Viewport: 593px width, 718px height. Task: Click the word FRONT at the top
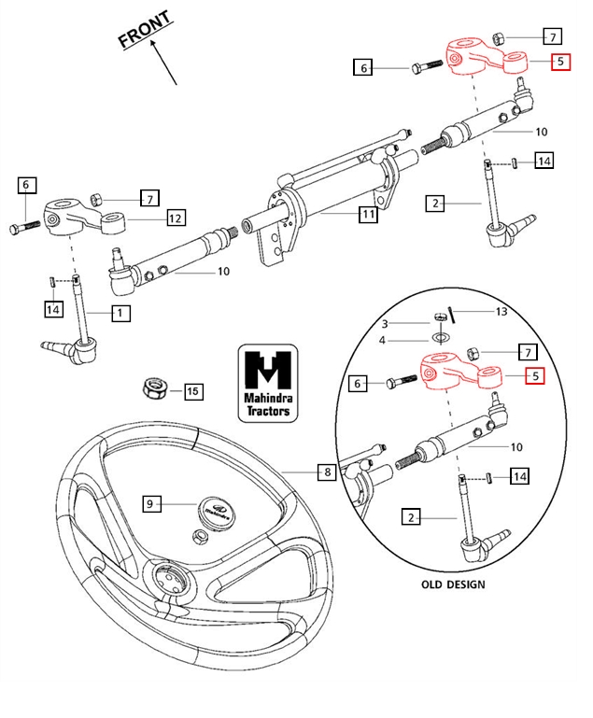click(146, 30)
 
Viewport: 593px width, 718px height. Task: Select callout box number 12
click(176, 218)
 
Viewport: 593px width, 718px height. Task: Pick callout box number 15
click(192, 391)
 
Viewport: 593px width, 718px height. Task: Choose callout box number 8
click(326, 472)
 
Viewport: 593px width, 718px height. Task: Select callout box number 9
click(149, 504)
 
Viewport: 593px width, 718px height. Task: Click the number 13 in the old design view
click(501, 311)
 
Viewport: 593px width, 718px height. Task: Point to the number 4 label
click(408, 340)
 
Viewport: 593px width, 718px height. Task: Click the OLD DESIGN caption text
click(453, 584)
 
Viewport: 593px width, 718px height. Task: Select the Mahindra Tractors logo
click(267, 383)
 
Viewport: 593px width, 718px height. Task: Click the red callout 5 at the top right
click(558, 63)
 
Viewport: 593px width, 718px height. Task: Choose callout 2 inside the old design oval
click(410, 516)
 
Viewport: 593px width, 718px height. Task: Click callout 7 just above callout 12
click(149, 198)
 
